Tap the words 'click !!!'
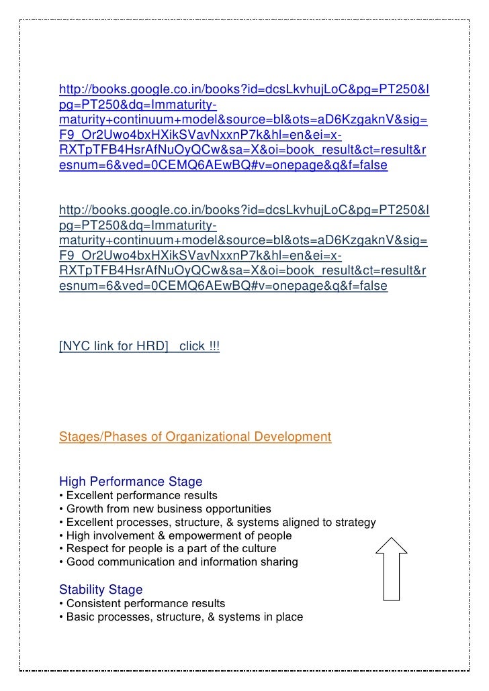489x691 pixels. (x=199, y=346)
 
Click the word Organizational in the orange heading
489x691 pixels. (x=208, y=437)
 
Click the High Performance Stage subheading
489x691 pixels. (x=130, y=482)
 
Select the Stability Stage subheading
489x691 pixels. (x=101, y=590)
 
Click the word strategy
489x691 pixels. (x=354, y=523)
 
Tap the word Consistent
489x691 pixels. (x=91, y=604)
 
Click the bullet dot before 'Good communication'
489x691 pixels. (x=61, y=562)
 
